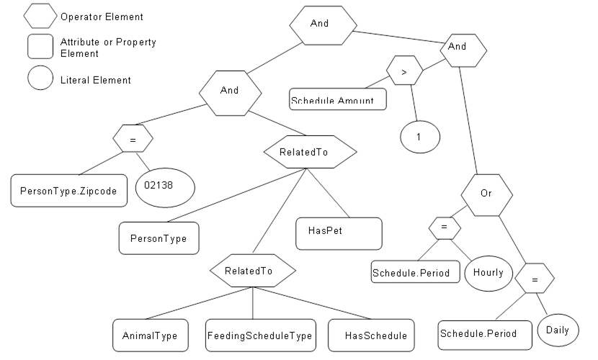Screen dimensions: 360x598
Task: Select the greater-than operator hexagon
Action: click(x=404, y=71)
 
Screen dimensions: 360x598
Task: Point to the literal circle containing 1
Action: click(x=420, y=136)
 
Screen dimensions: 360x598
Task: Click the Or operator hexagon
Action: click(x=486, y=194)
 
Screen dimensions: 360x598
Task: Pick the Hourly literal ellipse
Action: click(x=488, y=273)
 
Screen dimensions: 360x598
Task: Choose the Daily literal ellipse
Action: click(x=557, y=330)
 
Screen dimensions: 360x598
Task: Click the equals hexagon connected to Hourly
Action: click(x=445, y=228)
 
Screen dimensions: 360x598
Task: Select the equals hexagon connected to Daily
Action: click(x=535, y=278)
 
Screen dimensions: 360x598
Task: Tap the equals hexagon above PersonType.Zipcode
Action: click(x=133, y=138)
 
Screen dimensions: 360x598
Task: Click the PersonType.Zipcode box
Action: click(x=68, y=191)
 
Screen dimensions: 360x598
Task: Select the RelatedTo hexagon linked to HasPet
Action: click(x=310, y=152)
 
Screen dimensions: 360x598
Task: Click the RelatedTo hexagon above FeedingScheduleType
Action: click(x=252, y=271)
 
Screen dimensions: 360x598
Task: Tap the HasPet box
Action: click(x=339, y=232)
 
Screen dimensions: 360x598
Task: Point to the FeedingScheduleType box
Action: click(x=260, y=335)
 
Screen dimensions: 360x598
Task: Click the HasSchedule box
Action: click(x=371, y=335)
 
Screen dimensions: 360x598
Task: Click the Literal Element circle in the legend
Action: click(x=41, y=78)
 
